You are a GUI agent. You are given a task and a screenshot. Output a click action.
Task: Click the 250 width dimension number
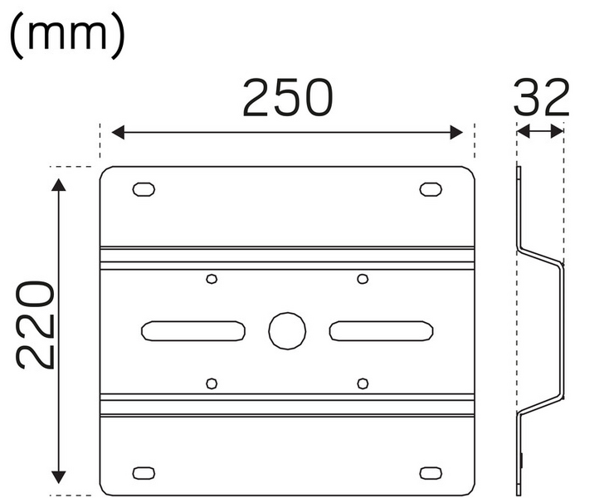coord(288,97)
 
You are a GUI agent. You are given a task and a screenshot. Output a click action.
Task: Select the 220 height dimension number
coord(35,325)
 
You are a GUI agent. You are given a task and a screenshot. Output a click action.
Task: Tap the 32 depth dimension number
coord(541,97)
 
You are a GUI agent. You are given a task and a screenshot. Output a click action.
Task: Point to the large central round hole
coord(287,331)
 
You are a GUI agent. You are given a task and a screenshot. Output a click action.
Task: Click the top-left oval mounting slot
coord(144,189)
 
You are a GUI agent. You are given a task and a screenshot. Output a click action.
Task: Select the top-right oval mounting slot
coord(431,189)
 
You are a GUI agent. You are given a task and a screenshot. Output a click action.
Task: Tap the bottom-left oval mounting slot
coord(144,473)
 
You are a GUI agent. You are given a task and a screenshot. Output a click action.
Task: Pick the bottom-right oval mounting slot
coord(431,473)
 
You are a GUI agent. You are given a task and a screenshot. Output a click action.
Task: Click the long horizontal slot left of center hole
coord(193,331)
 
